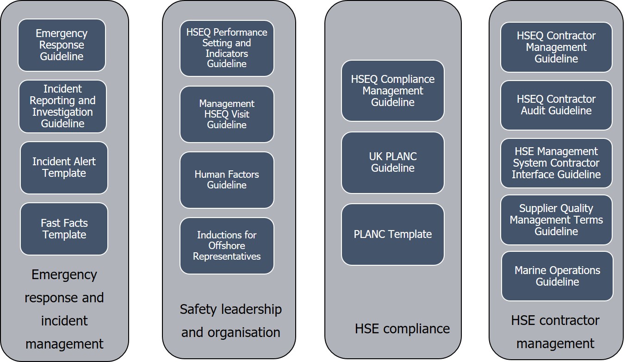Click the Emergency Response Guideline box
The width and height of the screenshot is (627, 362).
tap(62, 45)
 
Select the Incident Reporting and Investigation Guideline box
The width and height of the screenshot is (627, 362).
tap(63, 106)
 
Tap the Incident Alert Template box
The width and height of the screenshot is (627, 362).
tap(64, 168)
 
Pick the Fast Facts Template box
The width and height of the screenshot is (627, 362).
tap(64, 229)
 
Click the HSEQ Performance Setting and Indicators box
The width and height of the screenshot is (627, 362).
tap(227, 48)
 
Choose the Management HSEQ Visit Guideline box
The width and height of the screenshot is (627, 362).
tap(227, 114)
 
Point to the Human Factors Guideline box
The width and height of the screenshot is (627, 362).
tap(227, 180)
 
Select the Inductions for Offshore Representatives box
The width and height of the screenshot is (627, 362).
tap(227, 245)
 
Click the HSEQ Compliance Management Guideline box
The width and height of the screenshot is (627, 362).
tap(393, 91)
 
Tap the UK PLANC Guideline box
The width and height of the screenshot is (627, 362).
tap(393, 162)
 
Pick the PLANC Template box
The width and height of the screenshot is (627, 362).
tap(393, 234)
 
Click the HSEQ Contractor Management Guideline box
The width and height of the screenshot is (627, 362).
tap(556, 47)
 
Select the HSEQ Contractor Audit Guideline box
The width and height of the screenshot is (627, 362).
tap(556, 105)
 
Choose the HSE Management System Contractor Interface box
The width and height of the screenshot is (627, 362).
tap(556, 163)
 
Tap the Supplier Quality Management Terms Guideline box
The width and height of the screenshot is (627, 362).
tap(556, 220)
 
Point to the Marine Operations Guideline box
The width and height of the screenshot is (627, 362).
tap(557, 276)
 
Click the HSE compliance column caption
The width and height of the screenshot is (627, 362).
tap(402, 329)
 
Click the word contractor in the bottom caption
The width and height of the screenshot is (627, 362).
tap(569, 320)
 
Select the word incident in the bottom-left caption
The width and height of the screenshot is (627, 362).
tap(64, 320)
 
